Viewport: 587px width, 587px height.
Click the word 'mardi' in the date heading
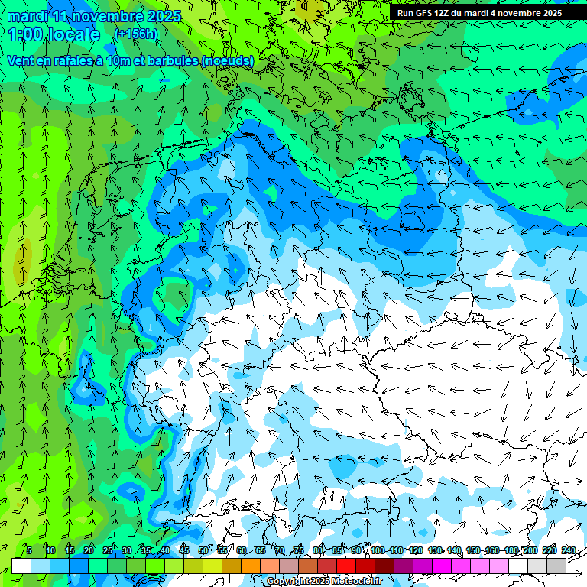tap(28, 16)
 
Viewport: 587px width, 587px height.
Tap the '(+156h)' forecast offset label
tap(135, 34)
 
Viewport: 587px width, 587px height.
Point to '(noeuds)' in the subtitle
tap(228, 60)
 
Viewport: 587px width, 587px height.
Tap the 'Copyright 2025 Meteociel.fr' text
tap(324, 582)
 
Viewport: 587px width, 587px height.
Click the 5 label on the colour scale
tap(29, 551)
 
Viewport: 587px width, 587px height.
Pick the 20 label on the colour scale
tap(88, 551)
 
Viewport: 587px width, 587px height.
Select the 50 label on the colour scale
tap(203, 551)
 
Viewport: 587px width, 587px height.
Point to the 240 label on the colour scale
tap(568, 551)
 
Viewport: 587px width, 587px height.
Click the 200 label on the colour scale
tap(530, 551)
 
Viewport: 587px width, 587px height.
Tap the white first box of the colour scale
tap(21, 566)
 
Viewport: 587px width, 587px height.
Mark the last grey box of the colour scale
tap(556, 566)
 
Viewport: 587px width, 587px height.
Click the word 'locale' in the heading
tap(75, 34)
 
